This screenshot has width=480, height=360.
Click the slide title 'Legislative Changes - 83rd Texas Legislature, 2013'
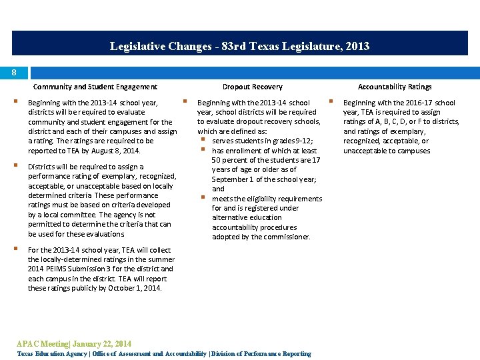point(239,46)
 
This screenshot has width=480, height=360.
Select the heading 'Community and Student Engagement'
point(95,87)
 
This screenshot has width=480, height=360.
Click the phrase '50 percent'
point(230,160)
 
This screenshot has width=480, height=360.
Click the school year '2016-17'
point(417,103)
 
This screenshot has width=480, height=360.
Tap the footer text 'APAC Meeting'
point(42,344)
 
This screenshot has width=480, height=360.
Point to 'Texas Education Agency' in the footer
point(51,353)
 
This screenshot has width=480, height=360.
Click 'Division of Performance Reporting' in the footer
point(261,353)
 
